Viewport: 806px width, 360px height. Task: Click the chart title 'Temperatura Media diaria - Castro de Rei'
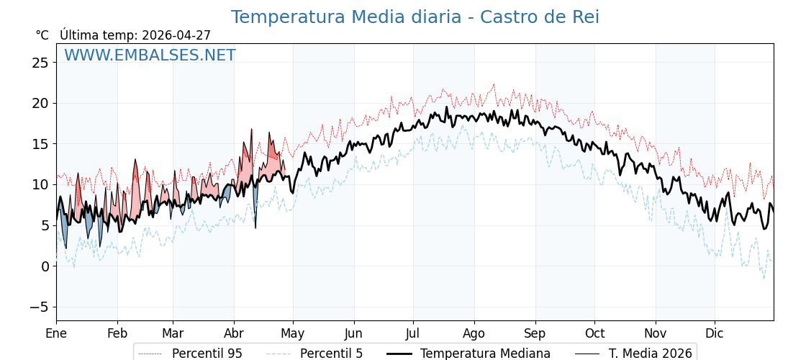click(x=415, y=17)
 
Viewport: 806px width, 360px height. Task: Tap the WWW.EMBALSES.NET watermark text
click(x=150, y=55)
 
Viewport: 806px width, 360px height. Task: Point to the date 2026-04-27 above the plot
click(x=176, y=35)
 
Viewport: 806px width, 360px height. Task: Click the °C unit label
click(x=42, y=35)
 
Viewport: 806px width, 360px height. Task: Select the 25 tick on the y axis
click(x=40, y=63)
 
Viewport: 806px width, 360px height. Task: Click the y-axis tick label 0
click(x=45, y=266)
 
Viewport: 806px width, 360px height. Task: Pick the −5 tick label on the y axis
click(x=40, y=307)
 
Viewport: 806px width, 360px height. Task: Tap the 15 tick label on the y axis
click(x=40, y=144)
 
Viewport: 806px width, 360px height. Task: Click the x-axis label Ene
click(x=56, y=333)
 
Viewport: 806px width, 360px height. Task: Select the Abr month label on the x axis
click(x=234, y=333)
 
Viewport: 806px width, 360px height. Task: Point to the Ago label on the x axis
click(x=474, y=333)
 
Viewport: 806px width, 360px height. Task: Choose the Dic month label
click(x=715, y=333)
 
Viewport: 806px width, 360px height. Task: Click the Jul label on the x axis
click(x=413, y=333)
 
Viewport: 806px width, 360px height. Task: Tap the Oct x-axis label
click(x=594, y=333)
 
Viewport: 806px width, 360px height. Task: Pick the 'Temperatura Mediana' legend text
click(x=485, y=354)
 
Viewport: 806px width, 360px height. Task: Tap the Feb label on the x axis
click(x=117, y=333)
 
